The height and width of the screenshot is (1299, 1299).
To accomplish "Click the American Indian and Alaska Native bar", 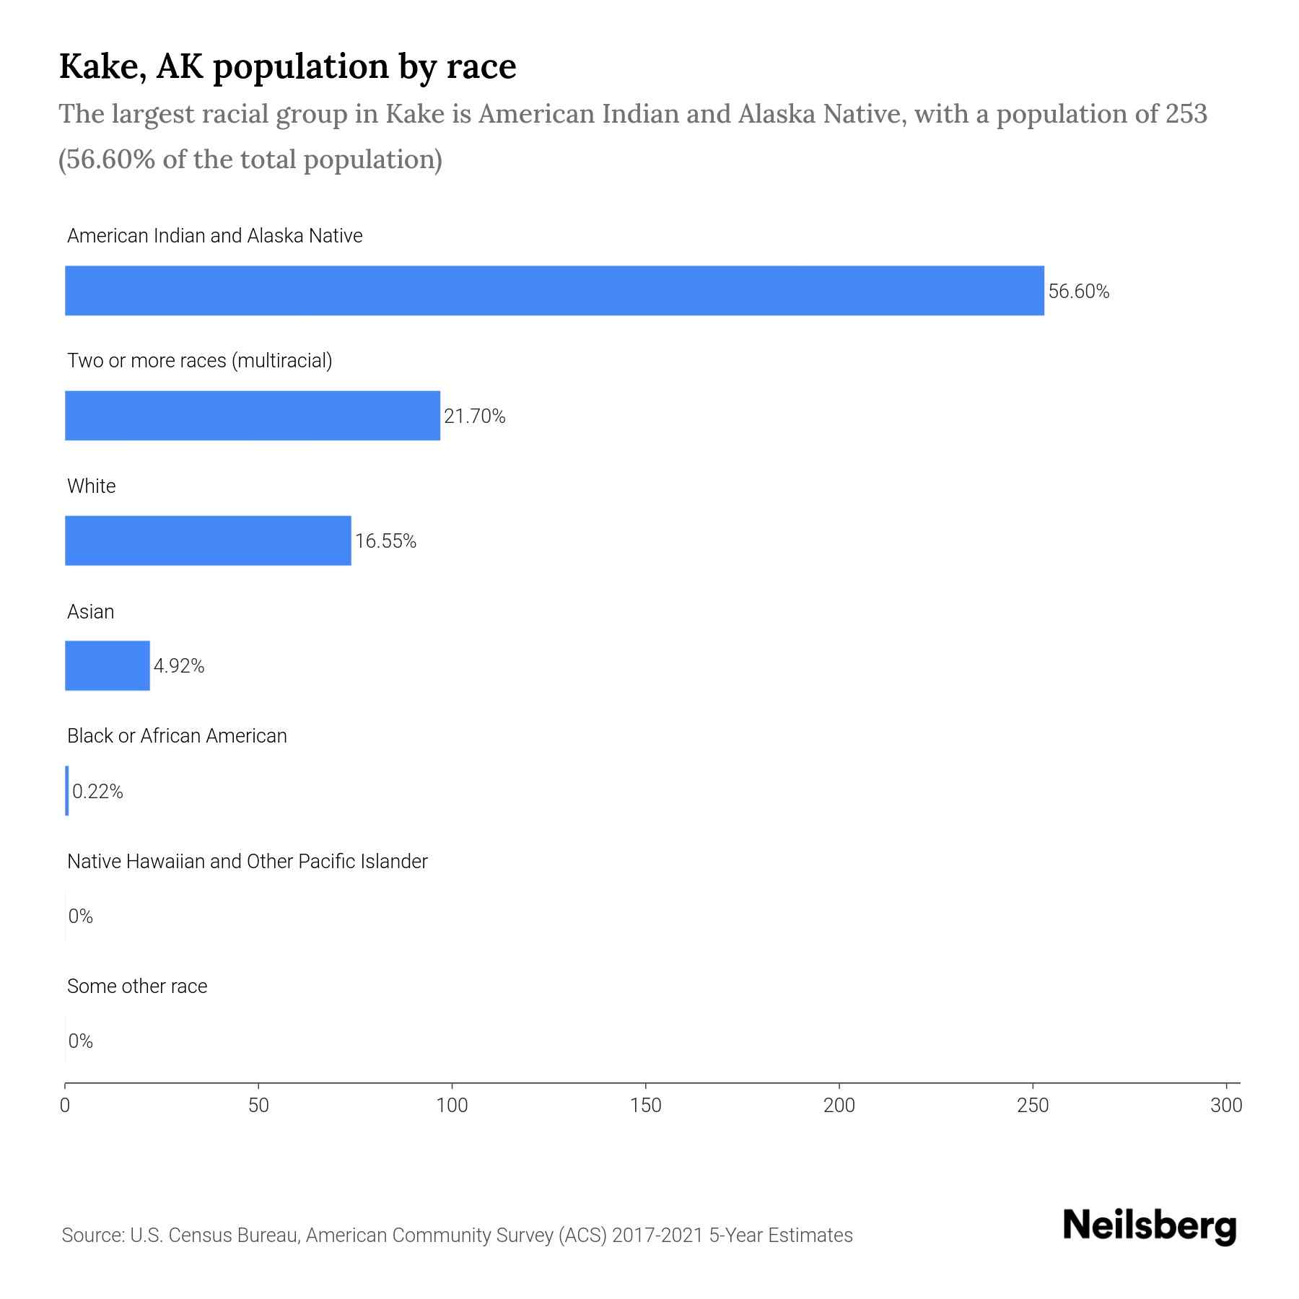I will point(554,290).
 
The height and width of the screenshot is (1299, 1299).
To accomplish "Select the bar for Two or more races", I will point(253,416).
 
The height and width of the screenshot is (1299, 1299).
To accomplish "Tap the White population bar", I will point(208,541).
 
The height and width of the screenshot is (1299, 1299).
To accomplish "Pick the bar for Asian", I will point(108,665).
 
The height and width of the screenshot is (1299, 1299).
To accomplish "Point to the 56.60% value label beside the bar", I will point(1078,292).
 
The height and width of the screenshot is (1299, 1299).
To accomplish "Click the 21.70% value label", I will point(474,416).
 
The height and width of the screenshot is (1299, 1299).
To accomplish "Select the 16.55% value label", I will point(385,541).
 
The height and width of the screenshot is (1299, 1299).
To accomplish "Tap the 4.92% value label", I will point(179,666).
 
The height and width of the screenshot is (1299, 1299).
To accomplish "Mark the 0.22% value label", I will point(97,792).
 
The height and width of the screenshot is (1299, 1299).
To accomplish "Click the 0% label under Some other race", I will point(81,1041).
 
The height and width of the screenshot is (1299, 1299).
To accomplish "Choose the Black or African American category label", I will point(177,736).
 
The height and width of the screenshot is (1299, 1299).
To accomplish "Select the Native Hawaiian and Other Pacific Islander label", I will point(247,862).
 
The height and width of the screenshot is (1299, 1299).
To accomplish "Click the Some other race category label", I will point(137,987).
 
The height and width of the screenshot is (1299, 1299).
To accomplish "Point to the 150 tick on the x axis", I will point(645,1106).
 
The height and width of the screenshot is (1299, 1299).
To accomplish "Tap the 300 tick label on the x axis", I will point(1226,1106).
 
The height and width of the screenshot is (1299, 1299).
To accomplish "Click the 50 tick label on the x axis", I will point(258,1106).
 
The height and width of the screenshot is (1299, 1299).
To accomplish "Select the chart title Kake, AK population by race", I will point(287,66).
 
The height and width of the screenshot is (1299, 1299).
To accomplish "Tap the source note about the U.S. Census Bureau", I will point(457,1235).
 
